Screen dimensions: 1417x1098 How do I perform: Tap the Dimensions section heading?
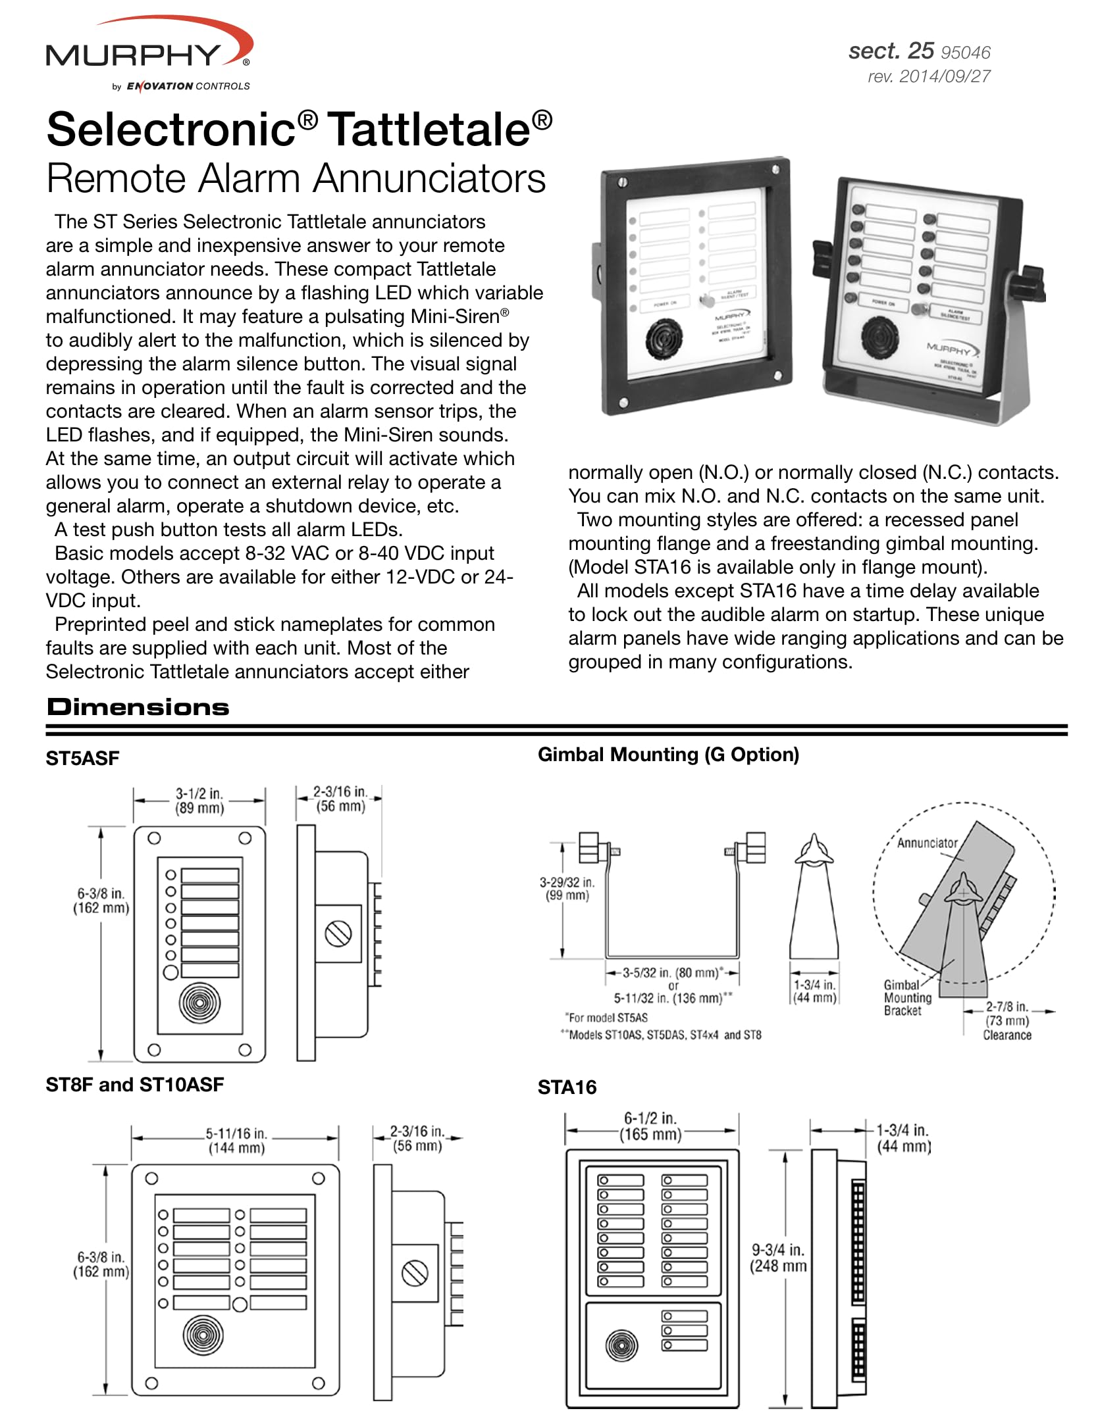(x=138, y=707)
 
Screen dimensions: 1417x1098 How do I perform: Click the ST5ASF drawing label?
(x=82, y=758)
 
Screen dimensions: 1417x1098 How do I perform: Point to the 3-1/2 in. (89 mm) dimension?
(x=199, y=801)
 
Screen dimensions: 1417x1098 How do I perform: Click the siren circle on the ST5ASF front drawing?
(x=199, y=1002)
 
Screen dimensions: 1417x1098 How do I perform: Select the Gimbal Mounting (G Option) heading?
(x=668, y=755)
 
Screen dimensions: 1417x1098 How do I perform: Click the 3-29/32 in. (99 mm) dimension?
(x=567, y=889)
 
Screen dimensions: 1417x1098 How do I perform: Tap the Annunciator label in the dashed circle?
(x=927, y=843)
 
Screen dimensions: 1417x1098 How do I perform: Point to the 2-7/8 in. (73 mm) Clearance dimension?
(x=1006, y=1020)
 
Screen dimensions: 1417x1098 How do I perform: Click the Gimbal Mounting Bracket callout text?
(x=907, y=997)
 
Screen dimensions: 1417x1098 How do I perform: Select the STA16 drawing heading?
(x=567, y=1087)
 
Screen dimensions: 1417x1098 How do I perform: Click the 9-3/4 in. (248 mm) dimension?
(x=778, y=1258)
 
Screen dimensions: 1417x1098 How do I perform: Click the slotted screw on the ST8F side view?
(x=415, y=1272)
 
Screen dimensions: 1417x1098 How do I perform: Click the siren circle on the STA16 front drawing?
(x=621, y=1345)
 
